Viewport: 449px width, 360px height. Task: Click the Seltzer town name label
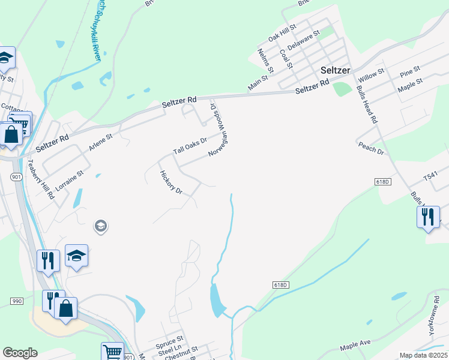[x=335, y=70]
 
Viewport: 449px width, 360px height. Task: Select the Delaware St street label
[x=301, y=43]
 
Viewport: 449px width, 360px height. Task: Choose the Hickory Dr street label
[x=171, y=182]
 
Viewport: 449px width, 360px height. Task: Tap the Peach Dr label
[x=370, y=148]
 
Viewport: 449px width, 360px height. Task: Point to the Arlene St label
[x=100, y=145]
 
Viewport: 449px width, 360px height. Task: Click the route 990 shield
[x=16, y=300]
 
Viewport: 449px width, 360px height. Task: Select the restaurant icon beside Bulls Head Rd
[x=428, y=217]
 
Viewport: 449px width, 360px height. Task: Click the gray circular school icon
[x=100, y=226]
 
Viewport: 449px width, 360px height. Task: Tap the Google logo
[x=20, y=353]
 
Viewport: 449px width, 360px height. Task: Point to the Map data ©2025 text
[x=423, y=355]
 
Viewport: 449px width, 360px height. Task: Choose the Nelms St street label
[x=266, y=61]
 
